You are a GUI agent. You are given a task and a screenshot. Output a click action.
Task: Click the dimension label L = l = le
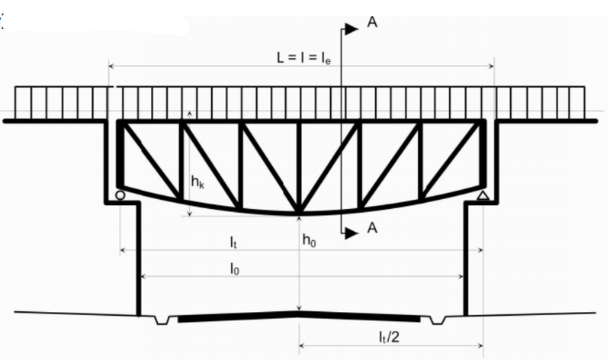[x=303, y=58]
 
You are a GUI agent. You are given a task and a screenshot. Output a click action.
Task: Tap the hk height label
[x=197, y=182]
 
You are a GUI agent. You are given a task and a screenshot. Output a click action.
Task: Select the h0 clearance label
[x=310, y=240]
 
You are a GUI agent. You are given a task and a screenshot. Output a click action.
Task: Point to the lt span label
[x=233, y=242]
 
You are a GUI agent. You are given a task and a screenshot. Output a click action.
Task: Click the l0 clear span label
[x=234, y=268]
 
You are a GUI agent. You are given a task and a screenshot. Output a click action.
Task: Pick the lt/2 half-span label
[x=389, y=336]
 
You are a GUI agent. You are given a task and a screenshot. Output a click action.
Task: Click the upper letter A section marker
[x=372, y=22]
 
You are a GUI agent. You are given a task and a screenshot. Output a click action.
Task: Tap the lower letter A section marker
[x=372, y=228]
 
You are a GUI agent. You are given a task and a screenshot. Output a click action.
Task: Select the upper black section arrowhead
[x=352, y=29]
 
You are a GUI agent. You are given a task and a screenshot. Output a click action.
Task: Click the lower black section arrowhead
[x=352, y=233]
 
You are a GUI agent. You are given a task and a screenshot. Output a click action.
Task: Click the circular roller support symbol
[x=120, y=195]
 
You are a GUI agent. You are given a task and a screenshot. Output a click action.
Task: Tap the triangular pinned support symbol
[x=483, y=195]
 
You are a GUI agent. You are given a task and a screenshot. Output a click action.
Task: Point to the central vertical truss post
[x=299, y=167]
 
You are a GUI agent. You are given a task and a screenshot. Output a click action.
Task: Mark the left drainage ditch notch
[x=162, y=320]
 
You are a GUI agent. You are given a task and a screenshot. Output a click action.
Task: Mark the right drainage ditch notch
[x=437, y=320]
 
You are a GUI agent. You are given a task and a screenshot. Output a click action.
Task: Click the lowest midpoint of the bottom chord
[x=299, y=214]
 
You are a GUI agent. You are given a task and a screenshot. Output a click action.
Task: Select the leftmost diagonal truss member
[x=152, y=160]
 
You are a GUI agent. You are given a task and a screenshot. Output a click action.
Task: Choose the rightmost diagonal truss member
[x=451, y=160]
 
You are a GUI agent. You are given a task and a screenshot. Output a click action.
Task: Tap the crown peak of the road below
[x=299, y=312]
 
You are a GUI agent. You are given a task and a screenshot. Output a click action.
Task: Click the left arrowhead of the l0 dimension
[x=143, y=276]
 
